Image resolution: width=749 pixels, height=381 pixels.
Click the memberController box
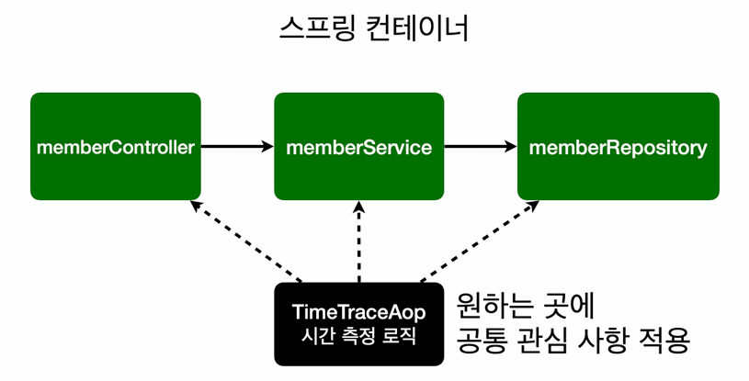pyautogui.click(x=115, y=147)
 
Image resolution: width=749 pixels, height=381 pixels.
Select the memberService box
pyautogui.click(x=358, y=147)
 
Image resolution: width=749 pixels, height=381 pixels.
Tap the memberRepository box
pyautogui.click(x=618, y=147)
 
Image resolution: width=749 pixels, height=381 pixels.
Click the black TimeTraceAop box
pyautogui.click(x=358, y=323)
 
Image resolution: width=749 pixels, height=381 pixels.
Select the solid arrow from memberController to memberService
pyautogui.click(x=236, y=146)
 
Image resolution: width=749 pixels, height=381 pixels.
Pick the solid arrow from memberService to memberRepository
pyautogui.click(x=479, y=146)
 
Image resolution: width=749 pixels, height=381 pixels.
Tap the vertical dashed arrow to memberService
pyautogui.click(x=359, y=243)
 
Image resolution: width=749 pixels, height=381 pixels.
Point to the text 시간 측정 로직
pyautogui.click(x=358, y=336)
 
